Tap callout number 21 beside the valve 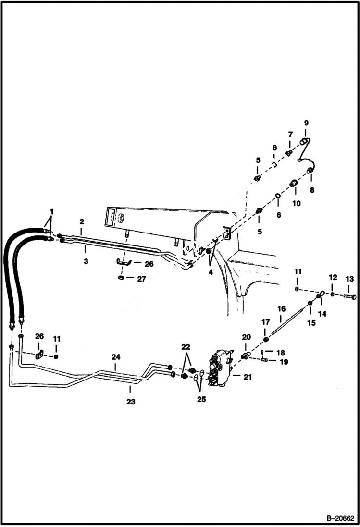(247, 377)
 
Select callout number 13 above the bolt (349, 279)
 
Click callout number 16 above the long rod (281, 309)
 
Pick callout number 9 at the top (306, 123)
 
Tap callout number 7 (290, 134)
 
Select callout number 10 (296, 203)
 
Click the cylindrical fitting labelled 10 (294, 184)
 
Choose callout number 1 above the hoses (51, 211)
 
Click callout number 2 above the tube (82, 221)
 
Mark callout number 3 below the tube (85, 249)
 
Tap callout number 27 (141, 279)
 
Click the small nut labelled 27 (121, 278)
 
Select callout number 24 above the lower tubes (116, 357)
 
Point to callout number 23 (131, 402)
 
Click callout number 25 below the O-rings (201, 399)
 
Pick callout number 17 (265, 321)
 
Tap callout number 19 (284, 362)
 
